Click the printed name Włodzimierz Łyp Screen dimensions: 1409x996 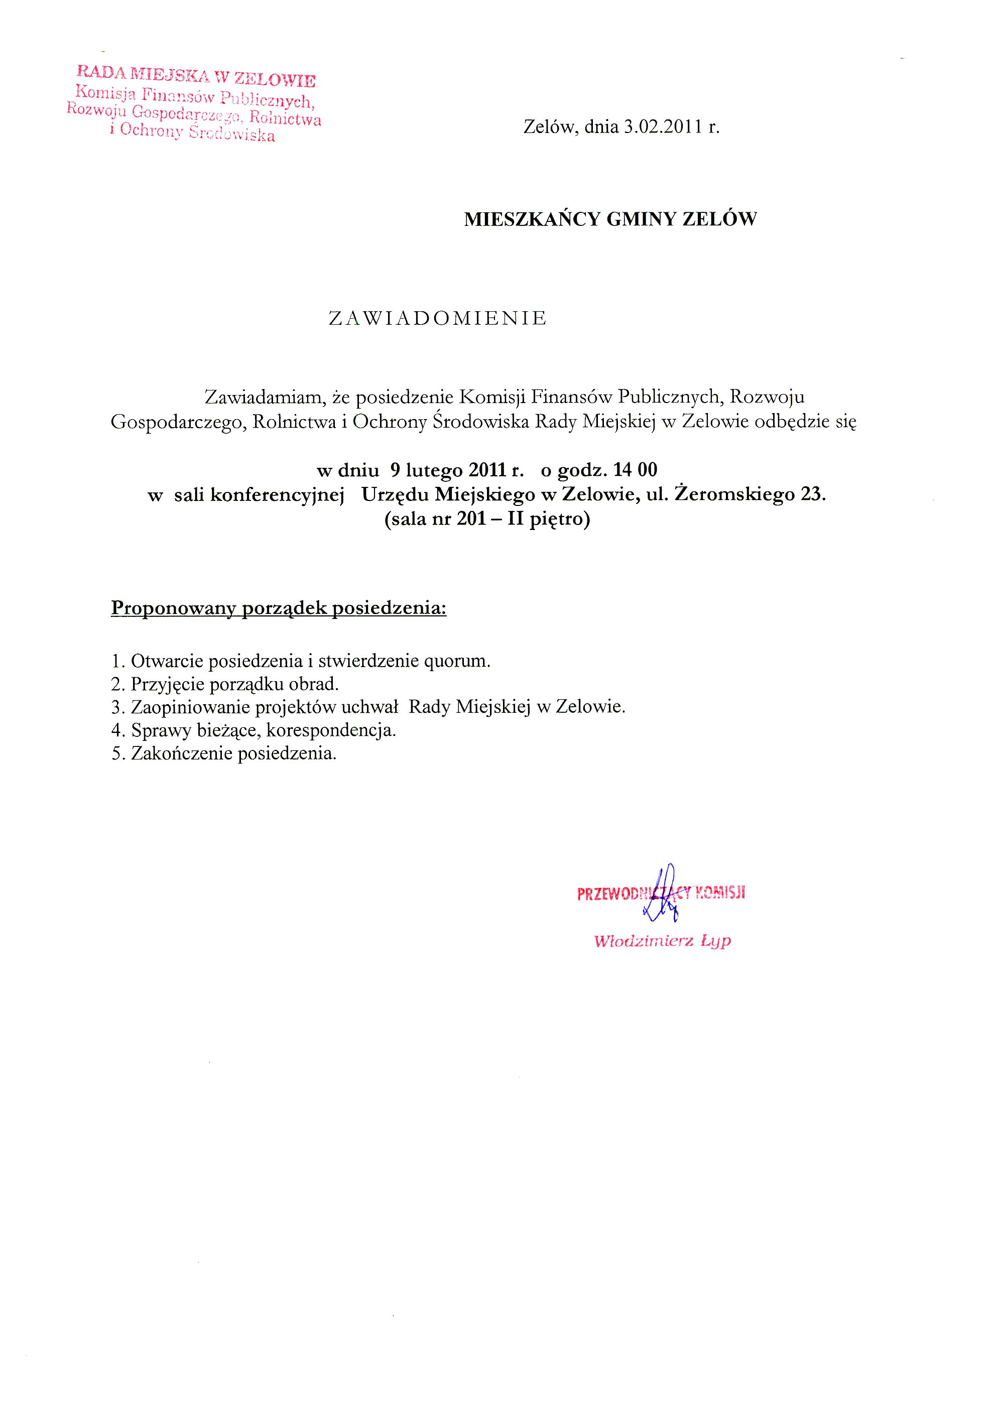click(662, 941)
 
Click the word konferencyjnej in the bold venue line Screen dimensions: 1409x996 click(277, 494)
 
